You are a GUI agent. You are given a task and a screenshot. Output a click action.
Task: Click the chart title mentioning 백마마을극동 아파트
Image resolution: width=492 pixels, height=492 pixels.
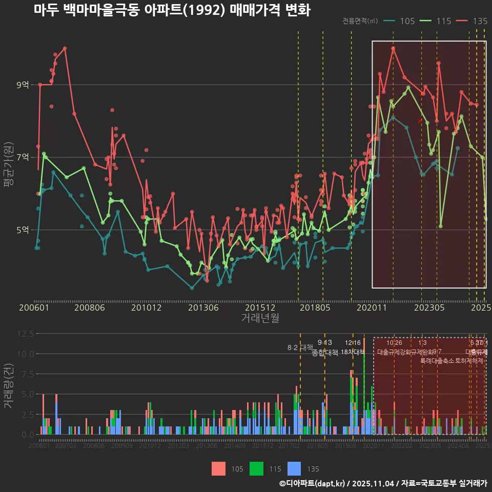(172, 10)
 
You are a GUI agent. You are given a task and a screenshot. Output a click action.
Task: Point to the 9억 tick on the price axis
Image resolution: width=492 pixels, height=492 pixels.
(23, 85)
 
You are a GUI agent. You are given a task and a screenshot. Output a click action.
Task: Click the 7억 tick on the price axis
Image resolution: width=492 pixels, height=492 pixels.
(23, 157)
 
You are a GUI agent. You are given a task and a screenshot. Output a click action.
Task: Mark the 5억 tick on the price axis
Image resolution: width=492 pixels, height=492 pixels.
(23, 230)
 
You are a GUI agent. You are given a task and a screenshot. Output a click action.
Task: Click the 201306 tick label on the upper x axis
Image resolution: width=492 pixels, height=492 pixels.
(203, 308)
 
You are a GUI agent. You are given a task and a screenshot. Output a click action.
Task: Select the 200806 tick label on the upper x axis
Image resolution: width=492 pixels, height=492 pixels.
(90, 308)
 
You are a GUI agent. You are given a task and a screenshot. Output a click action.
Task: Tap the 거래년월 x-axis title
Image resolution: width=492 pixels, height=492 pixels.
(260, 318)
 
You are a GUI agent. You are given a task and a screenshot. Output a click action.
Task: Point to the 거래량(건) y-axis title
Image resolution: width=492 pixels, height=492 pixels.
(8, 386)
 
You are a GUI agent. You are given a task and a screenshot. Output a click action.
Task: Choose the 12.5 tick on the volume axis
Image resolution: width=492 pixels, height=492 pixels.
(25, 334)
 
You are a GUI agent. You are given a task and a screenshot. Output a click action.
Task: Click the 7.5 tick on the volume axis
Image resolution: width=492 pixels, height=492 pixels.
(27, 374)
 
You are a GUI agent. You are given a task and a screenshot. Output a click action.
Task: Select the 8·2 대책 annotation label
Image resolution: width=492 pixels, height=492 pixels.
(300, 347)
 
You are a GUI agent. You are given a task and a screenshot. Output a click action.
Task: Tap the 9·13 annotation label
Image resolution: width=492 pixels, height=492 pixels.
(324, 342)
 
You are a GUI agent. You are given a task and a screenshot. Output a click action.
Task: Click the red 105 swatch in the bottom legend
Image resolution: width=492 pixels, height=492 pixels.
(218, 468)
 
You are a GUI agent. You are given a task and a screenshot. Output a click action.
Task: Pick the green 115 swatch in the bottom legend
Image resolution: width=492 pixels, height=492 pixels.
(256, 468)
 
